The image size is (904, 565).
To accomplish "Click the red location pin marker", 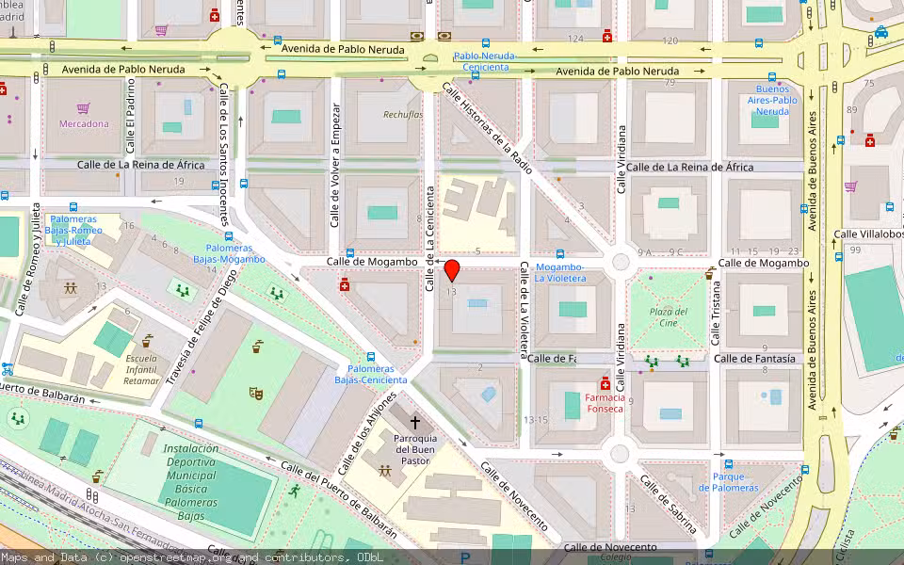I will click(452, 270).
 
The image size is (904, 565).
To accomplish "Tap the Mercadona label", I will click(84, 123).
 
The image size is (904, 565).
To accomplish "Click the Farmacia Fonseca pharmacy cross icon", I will click(605, 385).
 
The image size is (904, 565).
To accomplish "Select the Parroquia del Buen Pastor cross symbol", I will click(414, 425).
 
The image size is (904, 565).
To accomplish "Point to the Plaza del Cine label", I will click(668, 317).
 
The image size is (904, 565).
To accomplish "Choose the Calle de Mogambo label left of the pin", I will click(372, 261).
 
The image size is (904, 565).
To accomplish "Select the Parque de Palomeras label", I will click(729, 482).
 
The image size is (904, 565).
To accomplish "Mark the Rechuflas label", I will click(402, 115).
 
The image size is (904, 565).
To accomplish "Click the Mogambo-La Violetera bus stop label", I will click(560, 272).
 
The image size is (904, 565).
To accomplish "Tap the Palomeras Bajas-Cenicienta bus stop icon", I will click(371, 358).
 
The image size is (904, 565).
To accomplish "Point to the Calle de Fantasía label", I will click(754, 359).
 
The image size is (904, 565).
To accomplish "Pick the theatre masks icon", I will click(255, 392).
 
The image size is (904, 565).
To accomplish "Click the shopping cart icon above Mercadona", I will click(84, 108).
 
